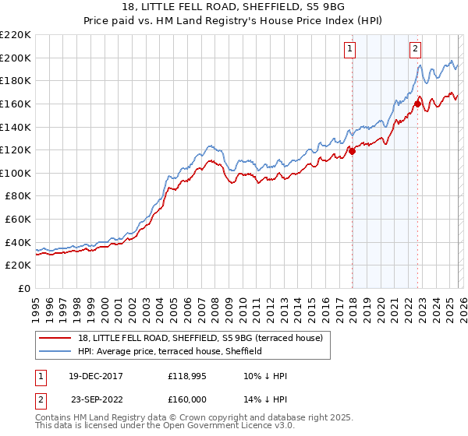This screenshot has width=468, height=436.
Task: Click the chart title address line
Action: click(233, 7)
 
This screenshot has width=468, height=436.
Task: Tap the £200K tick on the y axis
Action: click(16, 58)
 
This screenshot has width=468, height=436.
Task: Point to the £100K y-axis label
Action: click(16, 173)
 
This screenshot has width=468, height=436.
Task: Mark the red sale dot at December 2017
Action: click(352, 151)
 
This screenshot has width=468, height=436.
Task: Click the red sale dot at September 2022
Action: click(417, 104)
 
